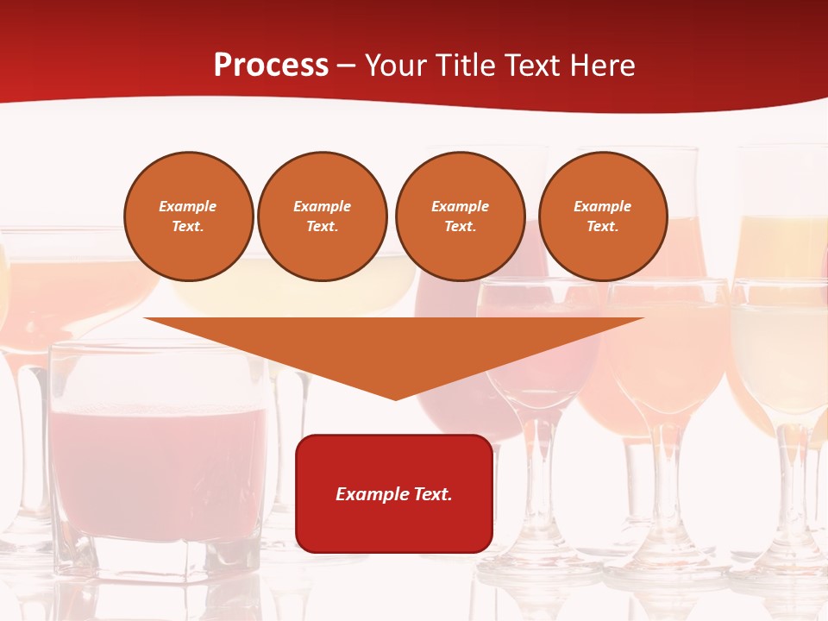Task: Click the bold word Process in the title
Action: [x=271, y=66]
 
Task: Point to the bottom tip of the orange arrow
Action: [x=395, y=398]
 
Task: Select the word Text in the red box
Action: [x=432, y=494]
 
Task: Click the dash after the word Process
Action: [x=346, y=66]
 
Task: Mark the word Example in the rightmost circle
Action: [x=602, y=206]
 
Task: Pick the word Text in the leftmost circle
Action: [x=187, y=226]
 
